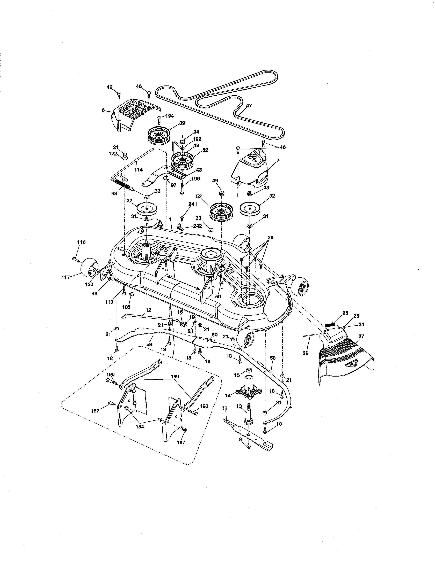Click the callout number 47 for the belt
click(x=249, y=106)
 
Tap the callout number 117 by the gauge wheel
click(x=66, y=277)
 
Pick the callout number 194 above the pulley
click(x=170, y=116)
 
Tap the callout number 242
click(x=197, y=226)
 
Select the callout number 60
click(x=214, y=334)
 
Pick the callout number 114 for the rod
click(x=139, y=170)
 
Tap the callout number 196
click(x=196, y=179)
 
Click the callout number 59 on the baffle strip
click(x=149, y=344)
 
